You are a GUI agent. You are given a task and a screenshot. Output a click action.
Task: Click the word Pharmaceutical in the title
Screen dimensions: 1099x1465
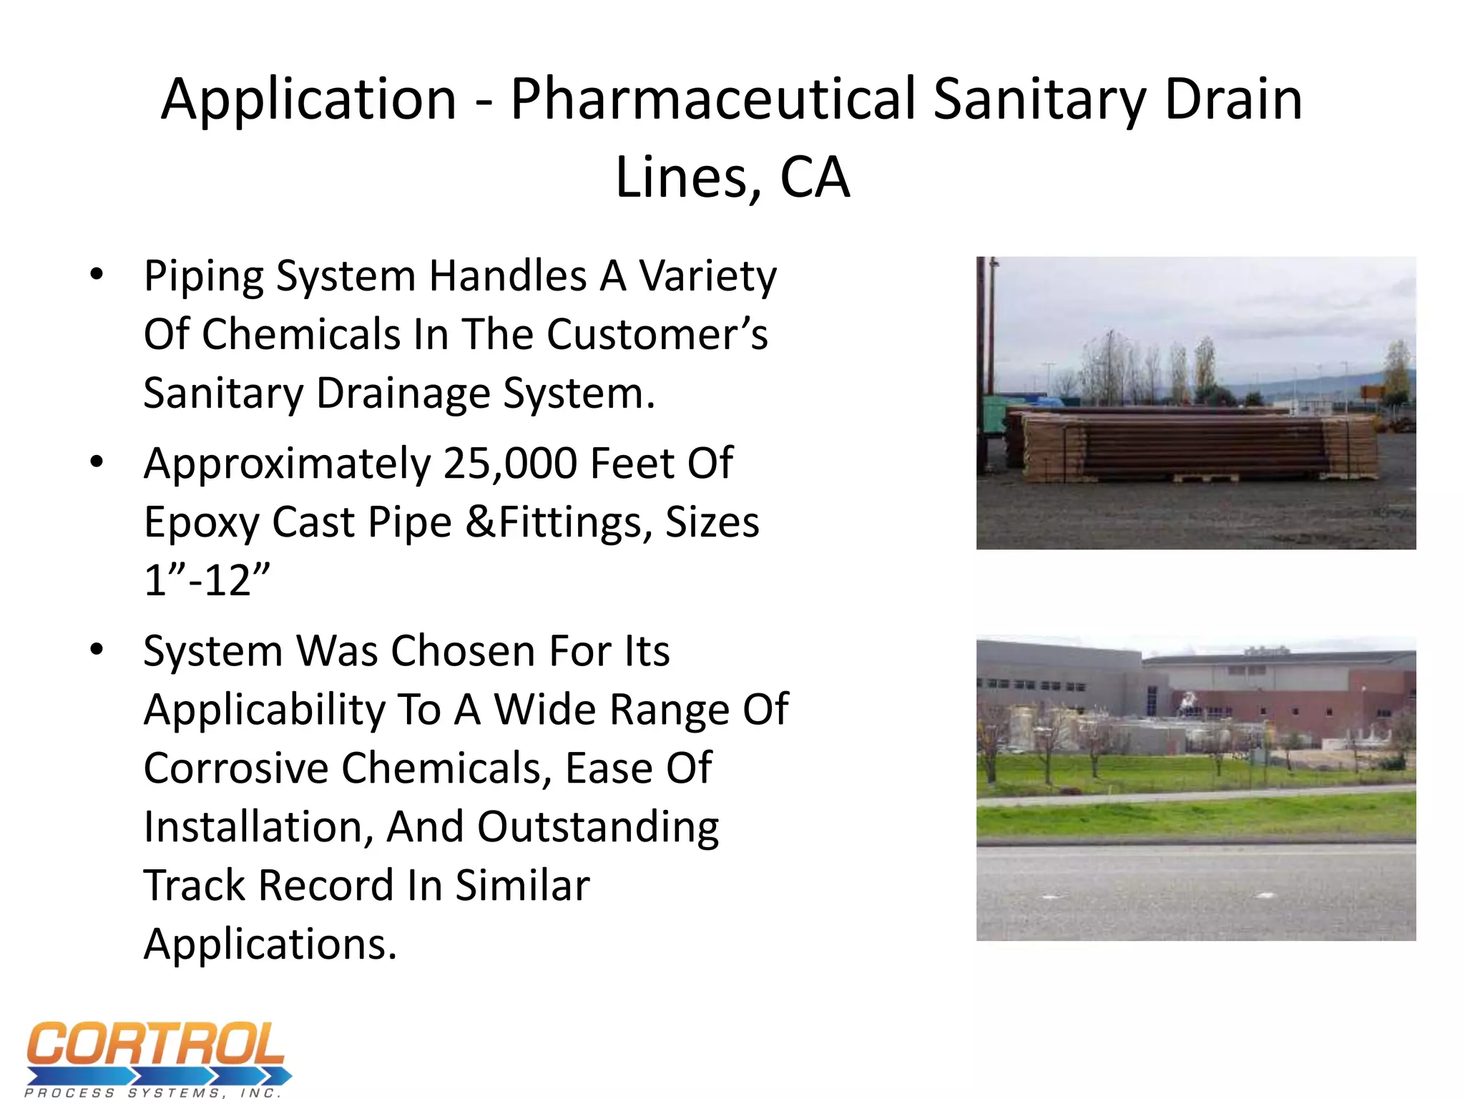(x=713, y=99)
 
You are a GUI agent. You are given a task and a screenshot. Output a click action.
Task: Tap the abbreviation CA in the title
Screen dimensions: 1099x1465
(x=814, y=177)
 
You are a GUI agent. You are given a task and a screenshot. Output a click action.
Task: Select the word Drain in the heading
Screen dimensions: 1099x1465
(x=1233, y=99)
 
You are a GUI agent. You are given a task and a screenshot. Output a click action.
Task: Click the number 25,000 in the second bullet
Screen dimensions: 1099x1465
(x=510, y=464)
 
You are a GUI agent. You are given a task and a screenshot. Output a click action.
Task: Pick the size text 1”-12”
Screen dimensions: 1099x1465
(x=207, y=580)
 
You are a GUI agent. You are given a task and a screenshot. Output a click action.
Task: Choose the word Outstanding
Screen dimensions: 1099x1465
(x=597, y=827)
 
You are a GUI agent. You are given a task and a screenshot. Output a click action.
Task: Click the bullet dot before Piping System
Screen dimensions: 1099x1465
(x=97, y=274)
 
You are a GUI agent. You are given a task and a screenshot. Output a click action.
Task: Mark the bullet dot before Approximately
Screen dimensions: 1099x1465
(x=97, y=461)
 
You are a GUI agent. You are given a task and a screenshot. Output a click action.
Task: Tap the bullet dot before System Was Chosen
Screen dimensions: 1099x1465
(x=97, y=649)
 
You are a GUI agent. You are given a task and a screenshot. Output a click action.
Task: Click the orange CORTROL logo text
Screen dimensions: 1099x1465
(x=156, y=1045)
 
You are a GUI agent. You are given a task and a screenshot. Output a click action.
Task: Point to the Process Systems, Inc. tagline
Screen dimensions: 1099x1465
(x=153, y=1093)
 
